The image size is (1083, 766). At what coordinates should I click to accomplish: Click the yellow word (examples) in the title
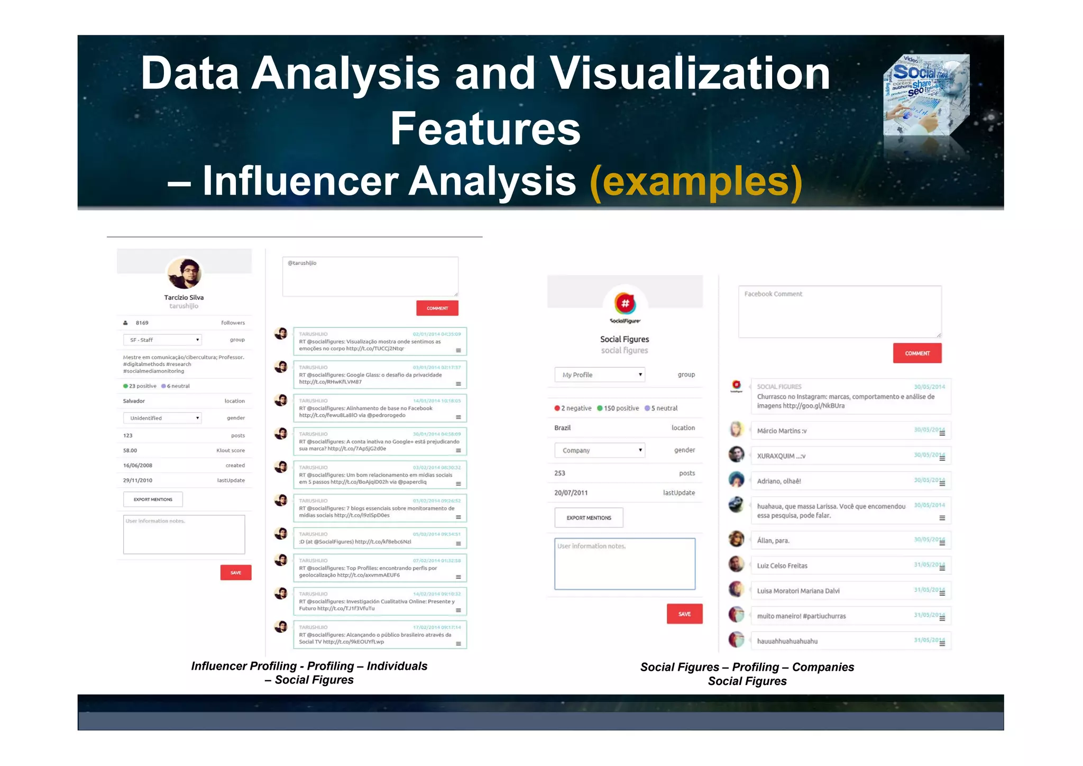696,181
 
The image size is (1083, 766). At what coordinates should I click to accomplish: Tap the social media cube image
926,95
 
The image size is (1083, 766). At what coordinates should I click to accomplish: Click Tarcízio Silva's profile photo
184,273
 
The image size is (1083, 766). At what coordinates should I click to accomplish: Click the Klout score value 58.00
130,451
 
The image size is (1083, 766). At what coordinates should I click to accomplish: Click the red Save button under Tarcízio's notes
236,572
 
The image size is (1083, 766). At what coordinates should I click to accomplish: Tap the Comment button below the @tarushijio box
437,308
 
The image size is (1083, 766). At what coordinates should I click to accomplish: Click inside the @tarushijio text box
370,277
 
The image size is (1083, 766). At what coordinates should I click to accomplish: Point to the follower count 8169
142,323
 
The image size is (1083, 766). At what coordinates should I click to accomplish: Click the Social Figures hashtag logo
625,304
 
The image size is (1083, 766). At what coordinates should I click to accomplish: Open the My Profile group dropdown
600,375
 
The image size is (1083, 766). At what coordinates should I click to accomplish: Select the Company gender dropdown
600,450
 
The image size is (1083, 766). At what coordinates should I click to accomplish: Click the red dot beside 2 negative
557,408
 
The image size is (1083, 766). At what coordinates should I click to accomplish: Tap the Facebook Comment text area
840,312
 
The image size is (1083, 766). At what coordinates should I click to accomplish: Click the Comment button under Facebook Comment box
917,353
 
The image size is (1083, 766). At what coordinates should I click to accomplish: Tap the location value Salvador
134,401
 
